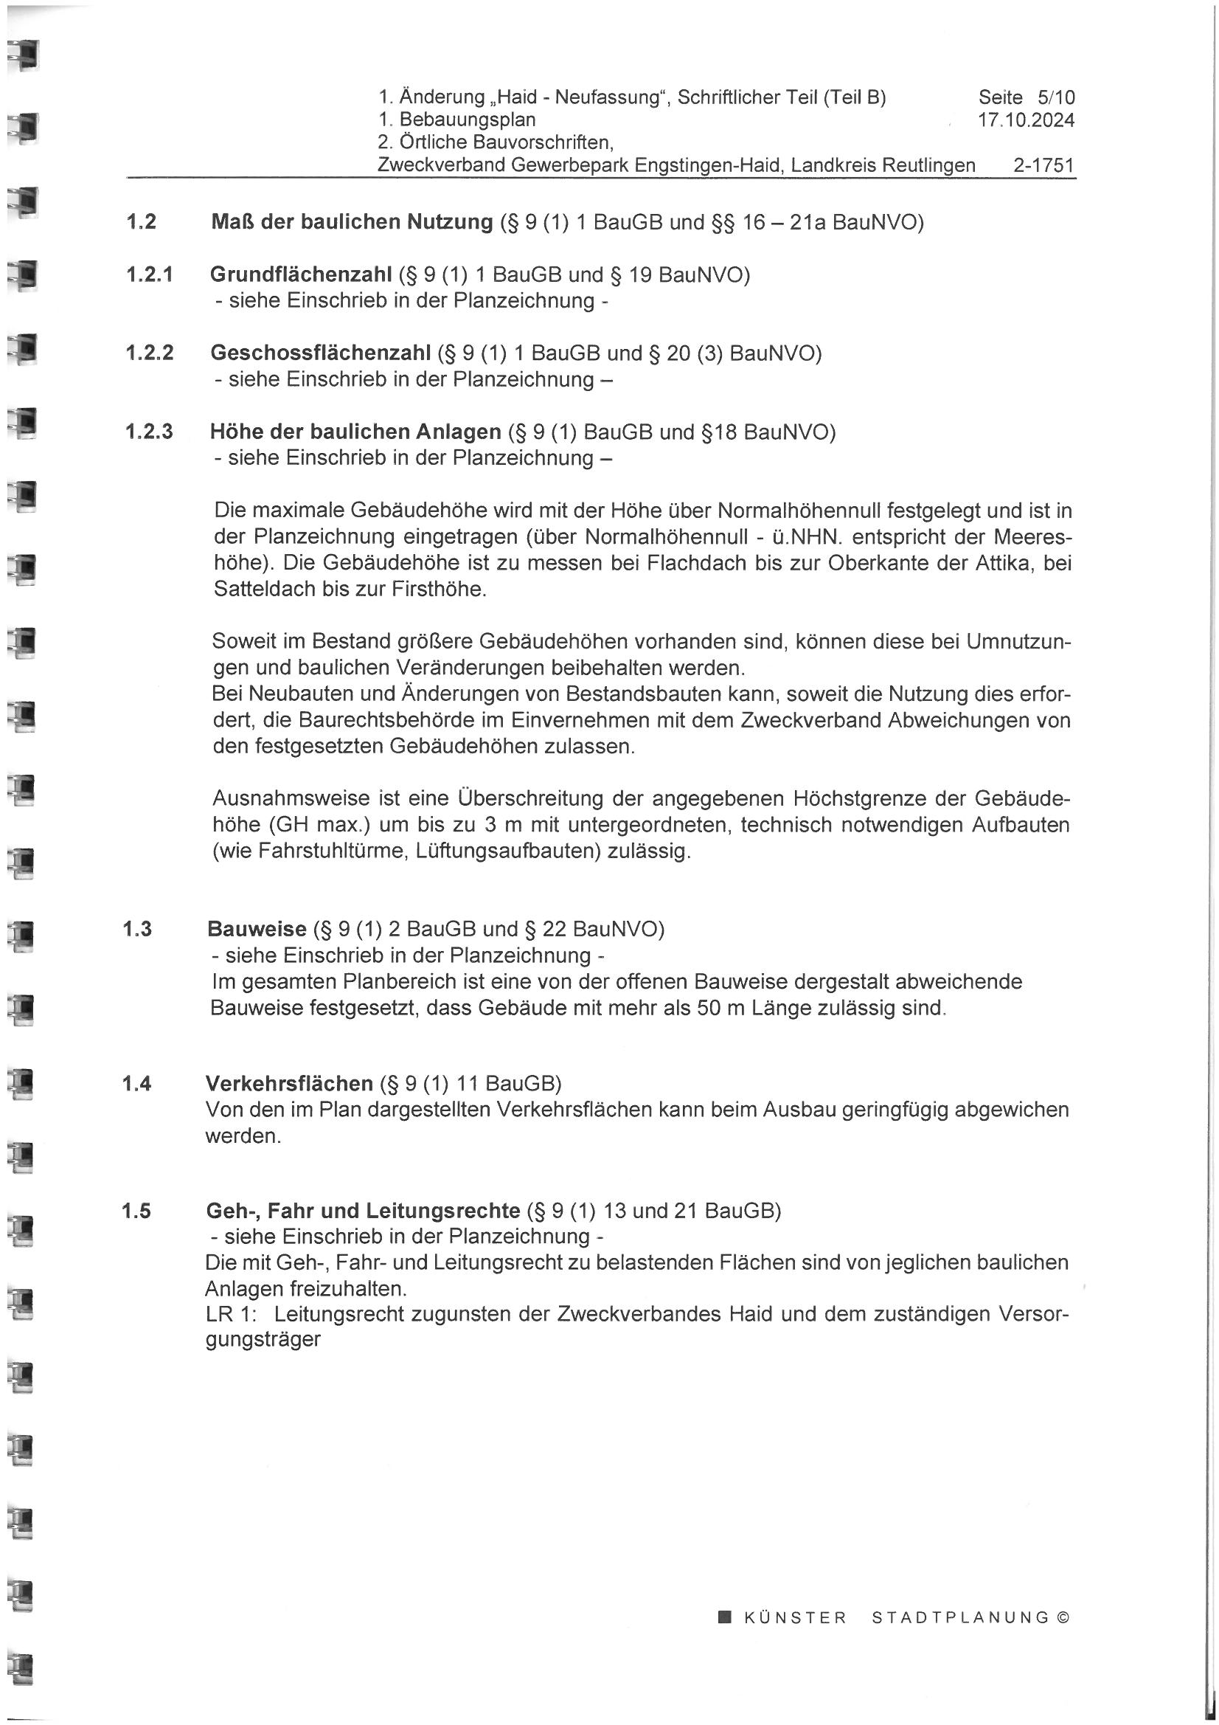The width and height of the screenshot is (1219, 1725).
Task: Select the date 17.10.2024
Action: tap(1026, 120)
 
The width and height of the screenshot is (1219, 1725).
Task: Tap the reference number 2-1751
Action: tap(1043, 165)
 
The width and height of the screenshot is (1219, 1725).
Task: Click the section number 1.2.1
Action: tap(150, 275)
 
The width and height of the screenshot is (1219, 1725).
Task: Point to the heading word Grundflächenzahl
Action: tap(300, 275)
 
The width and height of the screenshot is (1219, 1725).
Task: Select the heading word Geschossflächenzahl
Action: tap(321, 353)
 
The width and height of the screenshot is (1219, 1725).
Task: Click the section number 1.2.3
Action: tap(150, 432)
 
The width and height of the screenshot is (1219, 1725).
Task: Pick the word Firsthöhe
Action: tap(439, 590)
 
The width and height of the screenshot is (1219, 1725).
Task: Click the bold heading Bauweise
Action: tap(257, 930)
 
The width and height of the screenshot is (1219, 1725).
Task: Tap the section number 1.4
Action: tap(136, 1083)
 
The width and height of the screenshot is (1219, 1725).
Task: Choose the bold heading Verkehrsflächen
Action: tap(289, 1083)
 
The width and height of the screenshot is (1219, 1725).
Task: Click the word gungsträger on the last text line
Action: tap(263, 1341)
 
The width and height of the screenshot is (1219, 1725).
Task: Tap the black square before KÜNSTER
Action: tap(725, 1617)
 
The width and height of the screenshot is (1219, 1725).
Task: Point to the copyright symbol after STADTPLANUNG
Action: tap(1062, 1617)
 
